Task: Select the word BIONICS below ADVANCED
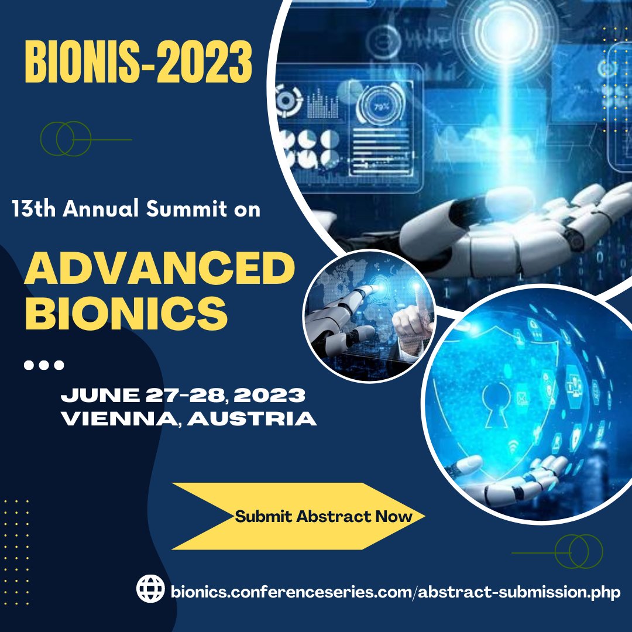[x=126, y=313]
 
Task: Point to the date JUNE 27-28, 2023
[x=183, y=396]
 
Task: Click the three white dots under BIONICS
[x=44, y=366]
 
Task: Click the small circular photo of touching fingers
[x=369, y=316]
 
